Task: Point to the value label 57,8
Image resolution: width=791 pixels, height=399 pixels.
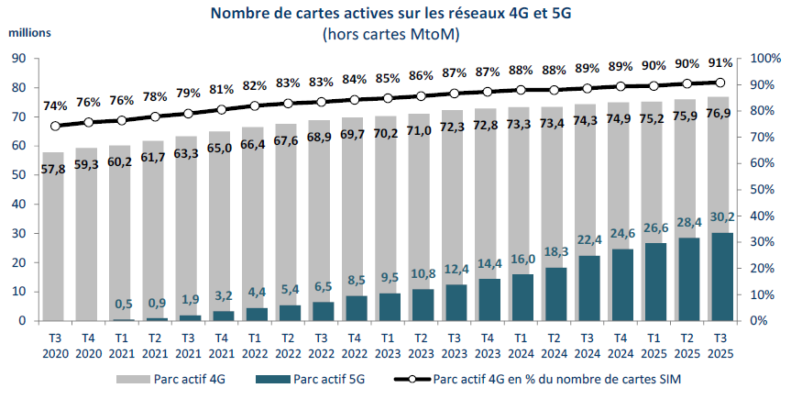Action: pos(53,170)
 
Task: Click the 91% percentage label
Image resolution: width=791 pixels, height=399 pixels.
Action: pos(720,63)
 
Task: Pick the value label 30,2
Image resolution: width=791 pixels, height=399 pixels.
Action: pos(720,216)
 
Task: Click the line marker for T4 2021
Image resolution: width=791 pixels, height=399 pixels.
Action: pos(220,109)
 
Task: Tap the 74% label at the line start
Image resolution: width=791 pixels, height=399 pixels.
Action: pos(54,105)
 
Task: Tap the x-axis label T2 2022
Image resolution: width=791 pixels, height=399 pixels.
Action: pos(287,344)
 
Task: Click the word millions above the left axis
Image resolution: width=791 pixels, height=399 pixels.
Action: pos(30,31)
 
